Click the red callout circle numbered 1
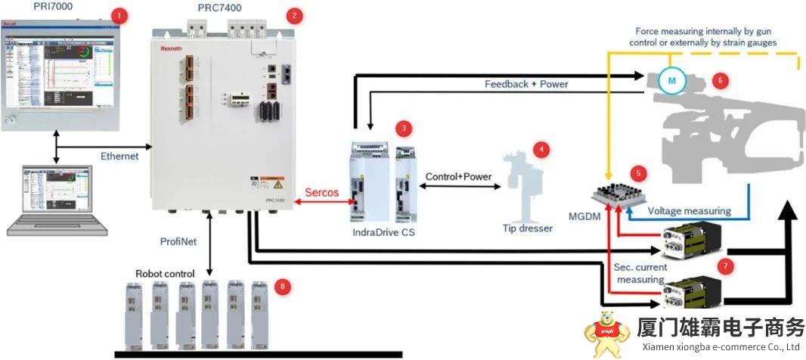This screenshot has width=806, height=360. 116,14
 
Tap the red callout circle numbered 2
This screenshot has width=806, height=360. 294,14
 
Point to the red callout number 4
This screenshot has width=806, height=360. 540,149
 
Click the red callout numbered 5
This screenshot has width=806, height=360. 640,172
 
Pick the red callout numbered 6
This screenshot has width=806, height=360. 720,79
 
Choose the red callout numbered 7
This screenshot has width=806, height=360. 727,265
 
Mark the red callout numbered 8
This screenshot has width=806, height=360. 282,286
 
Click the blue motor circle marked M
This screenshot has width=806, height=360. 669,78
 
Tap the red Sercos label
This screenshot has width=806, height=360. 322,193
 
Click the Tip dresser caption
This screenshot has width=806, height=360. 528,228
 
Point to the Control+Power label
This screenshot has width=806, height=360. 459,177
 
